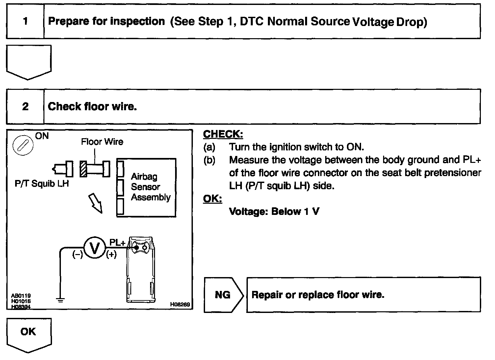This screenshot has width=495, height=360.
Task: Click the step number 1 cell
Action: click(x=25, y=22)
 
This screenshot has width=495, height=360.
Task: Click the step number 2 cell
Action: click(x=25, y=107)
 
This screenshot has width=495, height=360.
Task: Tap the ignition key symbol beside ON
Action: click(x=22, y=145)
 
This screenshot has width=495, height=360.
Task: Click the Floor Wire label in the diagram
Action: click(x=102, y=142)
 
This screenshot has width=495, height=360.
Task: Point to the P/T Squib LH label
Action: click(x=42, y=184)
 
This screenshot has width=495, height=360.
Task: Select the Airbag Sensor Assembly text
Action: click(x=150, y=187)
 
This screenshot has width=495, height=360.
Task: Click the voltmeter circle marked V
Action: click(x=94, y=248)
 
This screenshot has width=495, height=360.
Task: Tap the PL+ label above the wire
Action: click(x=117, y=243)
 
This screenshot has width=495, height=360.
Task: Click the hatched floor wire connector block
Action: click(x=84, y=169)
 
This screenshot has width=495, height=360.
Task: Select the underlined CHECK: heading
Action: click(x=223, y=134)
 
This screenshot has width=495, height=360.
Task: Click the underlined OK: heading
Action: click(x=212, y=199)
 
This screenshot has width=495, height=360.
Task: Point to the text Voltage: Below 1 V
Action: click(x=274, y=211)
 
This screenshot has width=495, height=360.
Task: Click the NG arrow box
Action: click(x=223, y=295)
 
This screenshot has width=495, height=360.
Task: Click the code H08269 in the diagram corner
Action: click(x=180, y=305)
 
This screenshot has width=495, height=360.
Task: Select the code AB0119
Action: click(x=21, y=296)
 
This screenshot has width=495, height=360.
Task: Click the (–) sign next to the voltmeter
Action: click(x=78, y=255)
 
